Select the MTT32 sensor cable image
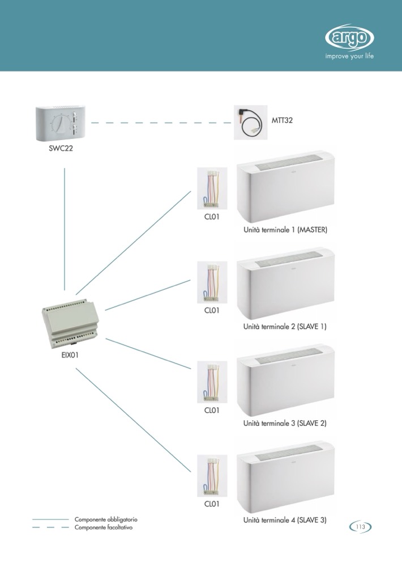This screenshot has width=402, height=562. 253,122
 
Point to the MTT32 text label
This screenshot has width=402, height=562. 287,120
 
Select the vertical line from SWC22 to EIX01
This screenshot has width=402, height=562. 65,227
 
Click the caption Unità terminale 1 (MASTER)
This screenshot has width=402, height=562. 285,231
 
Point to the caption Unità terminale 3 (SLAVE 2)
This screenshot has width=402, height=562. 285,424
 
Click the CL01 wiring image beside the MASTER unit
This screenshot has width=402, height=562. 211,189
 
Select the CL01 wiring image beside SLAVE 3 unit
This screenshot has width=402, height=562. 211,476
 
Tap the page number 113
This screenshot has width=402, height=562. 360,527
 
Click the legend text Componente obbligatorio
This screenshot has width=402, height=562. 106,519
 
